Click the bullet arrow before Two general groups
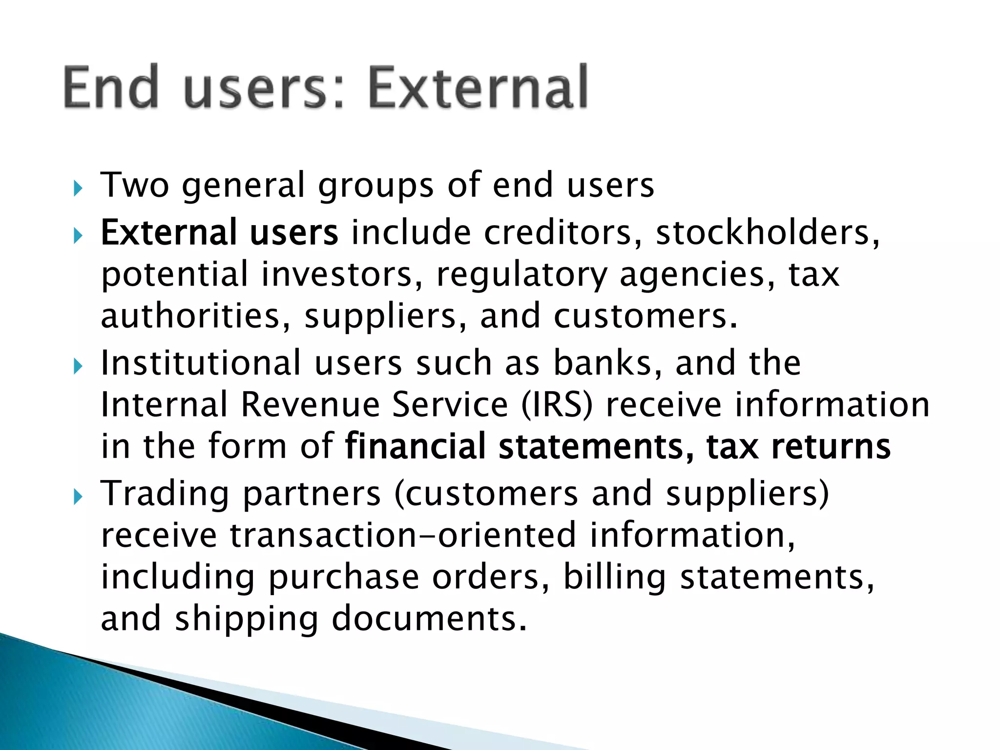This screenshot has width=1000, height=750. click(x=78, y=187)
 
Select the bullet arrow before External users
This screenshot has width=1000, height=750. click(x=78, y=236)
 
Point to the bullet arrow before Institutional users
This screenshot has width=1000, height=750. click(x=78, y=366)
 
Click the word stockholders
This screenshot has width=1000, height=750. click(x=767, y=232)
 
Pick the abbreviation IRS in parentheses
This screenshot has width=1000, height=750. click(x=557, y=405)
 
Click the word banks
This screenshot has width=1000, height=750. click(x=607, y=363)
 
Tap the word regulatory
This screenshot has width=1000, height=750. click(x=521, y=275)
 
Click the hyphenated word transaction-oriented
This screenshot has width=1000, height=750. click(x=403, y=535)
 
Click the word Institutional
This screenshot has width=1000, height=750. click(x=201, y=363)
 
